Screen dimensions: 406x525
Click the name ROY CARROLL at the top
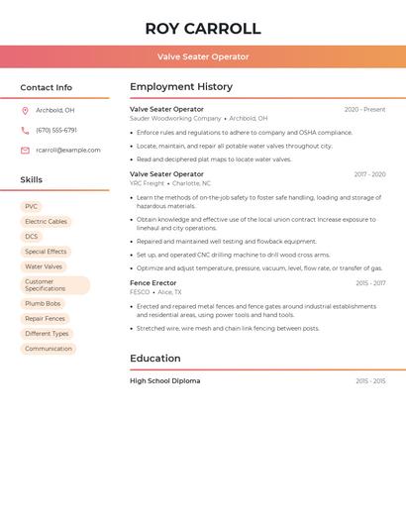coord(203,29)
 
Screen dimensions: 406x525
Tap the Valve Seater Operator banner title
coord(203,56)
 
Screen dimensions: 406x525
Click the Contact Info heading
coord(47,87)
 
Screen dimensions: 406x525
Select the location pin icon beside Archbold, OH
coord(25,110)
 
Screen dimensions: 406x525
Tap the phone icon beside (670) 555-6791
coord(25,130)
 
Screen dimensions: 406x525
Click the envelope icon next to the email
coord(25,151)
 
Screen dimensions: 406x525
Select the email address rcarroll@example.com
coord(68,151)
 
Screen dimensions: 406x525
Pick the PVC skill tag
coord(31,207)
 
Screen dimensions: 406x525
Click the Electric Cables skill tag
coord(46,222)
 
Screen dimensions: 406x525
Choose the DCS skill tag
coord(32,237)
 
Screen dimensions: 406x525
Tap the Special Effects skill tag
coord(46,252)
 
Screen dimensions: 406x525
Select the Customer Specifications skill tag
coord(54,285)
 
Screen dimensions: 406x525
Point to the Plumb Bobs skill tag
coord(43,304)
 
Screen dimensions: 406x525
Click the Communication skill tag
coord(49,349)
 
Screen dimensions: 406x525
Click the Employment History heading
coord(181,87)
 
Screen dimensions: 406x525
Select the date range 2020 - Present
coord(364,109)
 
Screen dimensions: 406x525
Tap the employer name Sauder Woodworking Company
coord(175,118)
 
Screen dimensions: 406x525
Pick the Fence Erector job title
coord(153,283)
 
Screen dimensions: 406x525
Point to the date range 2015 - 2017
coord(370,283)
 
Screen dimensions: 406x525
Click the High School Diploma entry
coord(164,381)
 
